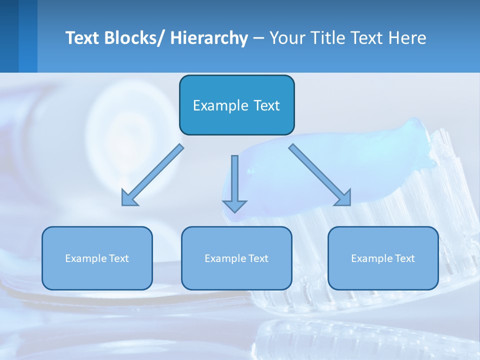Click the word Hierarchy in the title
(x=209, y=38)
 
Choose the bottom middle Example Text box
(x=236, y=275)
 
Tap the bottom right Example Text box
(x=383, y=275)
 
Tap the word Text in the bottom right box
(x=404, y=258)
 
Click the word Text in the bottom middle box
(x=257, y=258)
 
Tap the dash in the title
(x=258, y=38)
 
